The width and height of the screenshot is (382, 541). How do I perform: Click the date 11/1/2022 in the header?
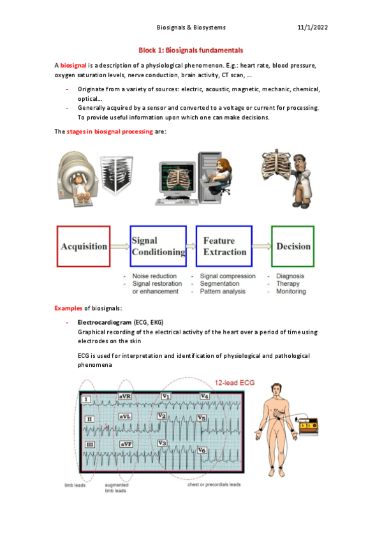click(x=312, y=27)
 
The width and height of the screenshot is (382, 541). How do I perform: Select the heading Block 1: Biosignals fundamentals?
click(x=191, y=50)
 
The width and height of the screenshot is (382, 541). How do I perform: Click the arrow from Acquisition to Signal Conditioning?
click(x=120, y=246)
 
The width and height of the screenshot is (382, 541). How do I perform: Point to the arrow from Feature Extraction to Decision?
click(x=261, y=246)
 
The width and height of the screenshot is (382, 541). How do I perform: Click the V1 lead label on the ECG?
click(x=166, y=396)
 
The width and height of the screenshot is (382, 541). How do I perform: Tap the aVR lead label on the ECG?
click(x=125, y=396)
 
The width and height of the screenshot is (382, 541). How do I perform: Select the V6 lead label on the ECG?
click(x=202, y=450)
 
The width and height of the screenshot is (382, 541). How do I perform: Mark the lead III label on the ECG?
click(x=90, y=445)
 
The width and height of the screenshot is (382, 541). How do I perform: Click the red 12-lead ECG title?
click(x=235, y=383)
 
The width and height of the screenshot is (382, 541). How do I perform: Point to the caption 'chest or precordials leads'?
click(x=214, y=484)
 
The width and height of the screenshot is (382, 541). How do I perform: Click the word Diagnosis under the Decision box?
click(x=290, y=276)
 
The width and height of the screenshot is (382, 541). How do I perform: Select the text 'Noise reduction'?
click(x=154, y=276)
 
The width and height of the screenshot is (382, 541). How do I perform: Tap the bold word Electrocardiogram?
click(x=105, y=322)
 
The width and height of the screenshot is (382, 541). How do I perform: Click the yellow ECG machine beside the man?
click(x=308, y=426)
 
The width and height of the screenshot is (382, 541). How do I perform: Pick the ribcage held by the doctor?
click(x=277, y=165)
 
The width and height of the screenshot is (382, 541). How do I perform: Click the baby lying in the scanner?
click(x=82, y=189)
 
